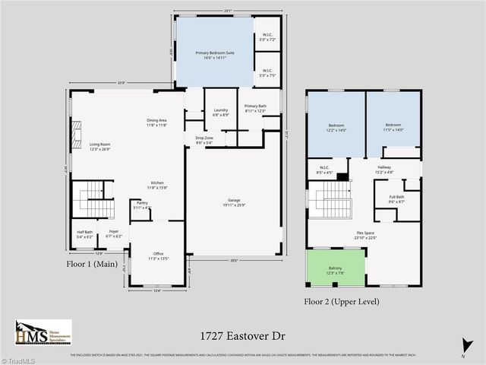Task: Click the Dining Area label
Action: pyautogui.click(x=156, y=122)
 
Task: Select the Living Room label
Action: pyautogui.click(x=99, y=146)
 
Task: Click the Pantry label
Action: pyautogui.click(x=142, y=205)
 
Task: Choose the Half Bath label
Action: pyautogui.click(x=84, y=234)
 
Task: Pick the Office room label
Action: pyautogui.click(x=158, y=255)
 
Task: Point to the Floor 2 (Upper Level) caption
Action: pyautogui.click(x=342, y=302)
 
